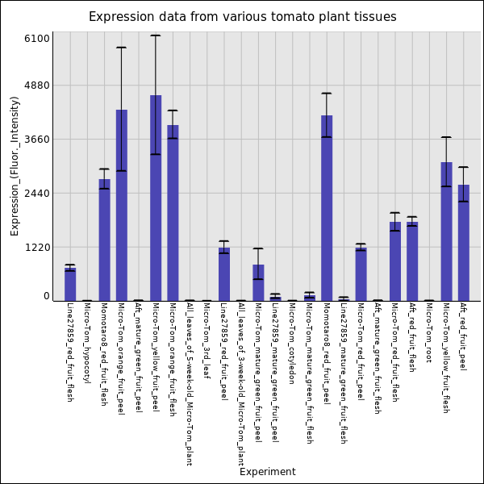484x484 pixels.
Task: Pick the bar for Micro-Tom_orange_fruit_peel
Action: click(121, 205)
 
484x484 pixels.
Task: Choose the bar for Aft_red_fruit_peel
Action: click(464, 243)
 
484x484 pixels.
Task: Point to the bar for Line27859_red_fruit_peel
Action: click(224, 274)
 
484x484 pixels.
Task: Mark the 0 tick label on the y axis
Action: click(47, 297)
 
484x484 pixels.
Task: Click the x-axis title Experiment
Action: click(267, 472)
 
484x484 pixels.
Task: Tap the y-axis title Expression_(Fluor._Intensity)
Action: click(15, 165)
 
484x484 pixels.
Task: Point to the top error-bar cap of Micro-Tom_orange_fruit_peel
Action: click(121, 48)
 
